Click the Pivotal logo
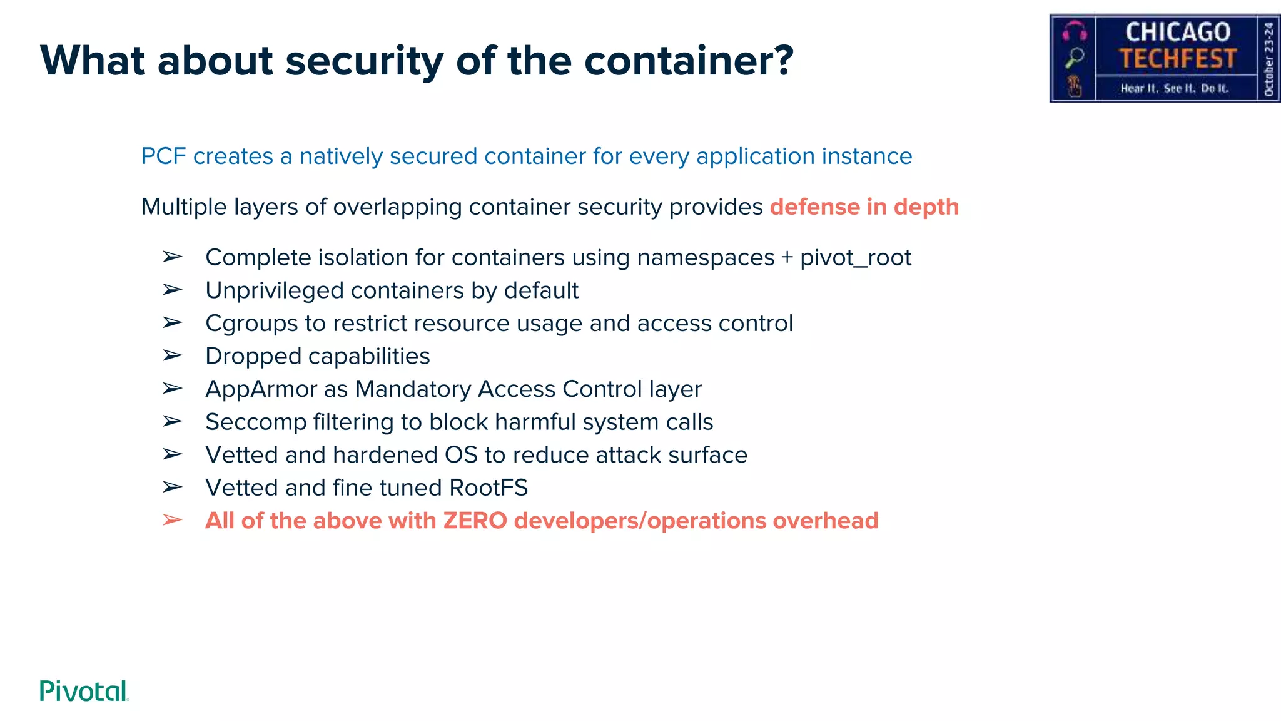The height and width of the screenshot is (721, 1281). click(84, 690)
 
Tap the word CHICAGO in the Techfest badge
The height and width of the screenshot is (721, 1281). click(1178, 32)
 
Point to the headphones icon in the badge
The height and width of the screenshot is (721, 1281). click(1075, 30)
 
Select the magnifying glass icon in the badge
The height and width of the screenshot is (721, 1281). click(1075, 58)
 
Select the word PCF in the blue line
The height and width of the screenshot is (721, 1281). click(163, 156)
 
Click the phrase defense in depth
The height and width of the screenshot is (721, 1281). click(864, 207)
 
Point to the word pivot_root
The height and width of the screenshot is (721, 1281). click(855, 258)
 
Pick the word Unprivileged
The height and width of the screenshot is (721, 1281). click(275, 290)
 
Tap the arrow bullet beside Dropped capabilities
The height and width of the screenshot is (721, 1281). click(172, 355)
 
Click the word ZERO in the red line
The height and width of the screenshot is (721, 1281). click(475, 521)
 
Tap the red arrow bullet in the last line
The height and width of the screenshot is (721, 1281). click(172, 520)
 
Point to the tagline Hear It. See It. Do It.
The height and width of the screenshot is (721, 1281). click(1174, 88)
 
